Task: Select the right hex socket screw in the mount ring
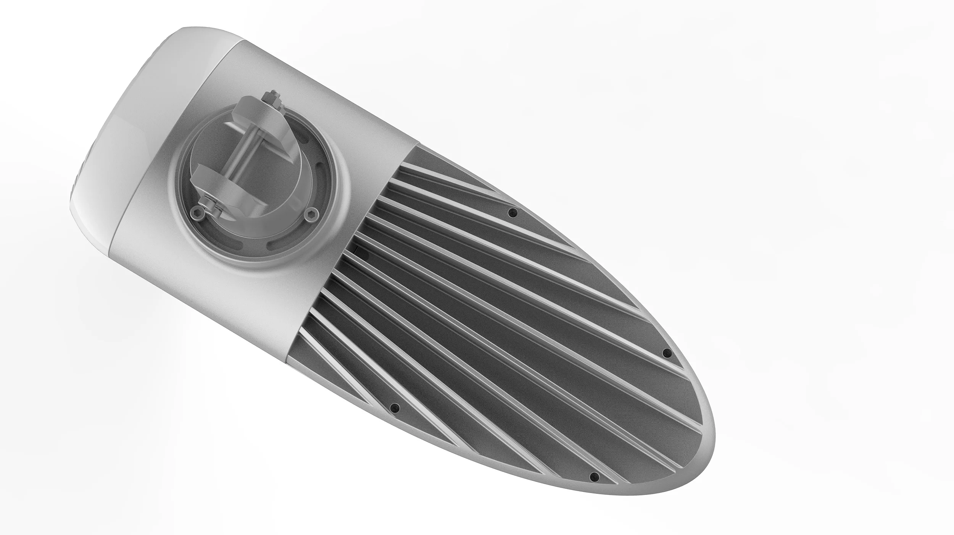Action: [x=309, y=216]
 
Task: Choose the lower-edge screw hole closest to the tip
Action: [x=594, y=476]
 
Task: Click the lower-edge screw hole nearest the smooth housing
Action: [x=395, y=407]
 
